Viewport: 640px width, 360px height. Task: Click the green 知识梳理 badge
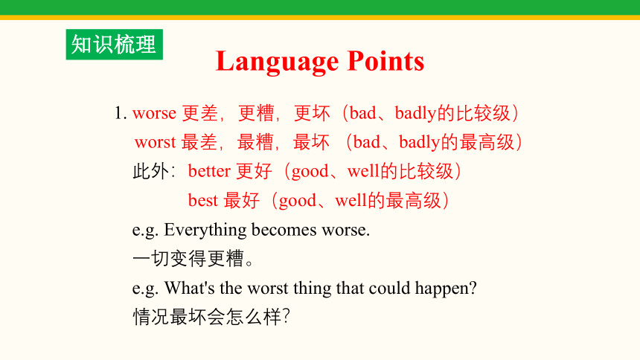point(115,45)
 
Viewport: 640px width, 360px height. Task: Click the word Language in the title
point(277,62)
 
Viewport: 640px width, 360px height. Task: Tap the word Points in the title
point(385,61)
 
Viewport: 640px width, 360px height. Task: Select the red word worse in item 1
point(154,113)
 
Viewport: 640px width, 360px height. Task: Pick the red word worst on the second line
point(155,143)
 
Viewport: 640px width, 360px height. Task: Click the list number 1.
point(121,113)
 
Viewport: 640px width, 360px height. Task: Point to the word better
point(209,170)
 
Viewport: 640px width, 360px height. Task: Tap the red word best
point(203,200)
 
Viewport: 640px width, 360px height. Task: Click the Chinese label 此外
point(150,171)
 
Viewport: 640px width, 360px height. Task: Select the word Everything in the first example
point(205,231)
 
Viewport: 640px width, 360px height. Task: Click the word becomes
point(284,230)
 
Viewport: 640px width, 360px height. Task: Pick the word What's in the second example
point(190,288)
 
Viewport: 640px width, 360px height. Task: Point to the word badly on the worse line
point(415,114)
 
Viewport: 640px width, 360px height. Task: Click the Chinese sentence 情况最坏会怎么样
point(211,317)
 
